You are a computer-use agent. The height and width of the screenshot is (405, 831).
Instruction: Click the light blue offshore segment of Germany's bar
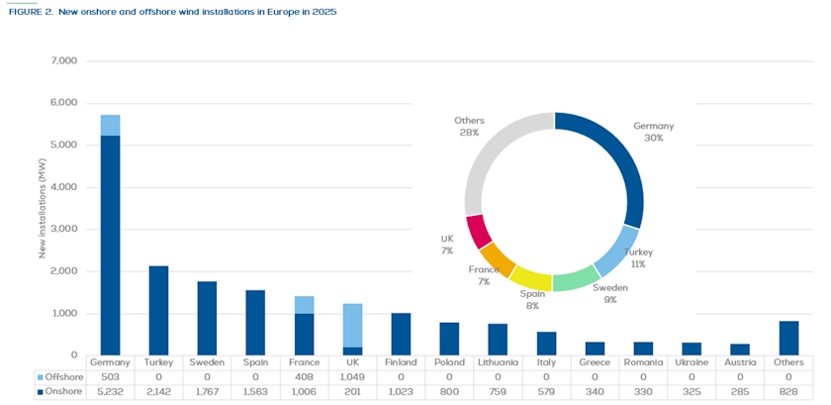pyautogui.click(x=110, y=125)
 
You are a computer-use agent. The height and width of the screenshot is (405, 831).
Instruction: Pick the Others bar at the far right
pyautogui.click(x=788, y=338)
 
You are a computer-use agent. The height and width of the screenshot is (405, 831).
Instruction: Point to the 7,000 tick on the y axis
pyautogui.click(x=62, y=61)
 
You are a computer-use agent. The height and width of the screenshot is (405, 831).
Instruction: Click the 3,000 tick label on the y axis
pyautogui.click(x=62, y=229)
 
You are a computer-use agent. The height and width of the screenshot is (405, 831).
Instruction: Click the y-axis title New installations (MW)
pyautogui.click(x=43, y=208)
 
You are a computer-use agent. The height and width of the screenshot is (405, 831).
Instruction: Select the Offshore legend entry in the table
pyautogui.click(x=62, y=376)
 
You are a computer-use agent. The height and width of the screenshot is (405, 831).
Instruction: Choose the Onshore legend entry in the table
pyautogui.click(x=62, y=391)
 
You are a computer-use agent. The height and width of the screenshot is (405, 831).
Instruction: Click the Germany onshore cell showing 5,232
pyautogui.click(x=110, y=391)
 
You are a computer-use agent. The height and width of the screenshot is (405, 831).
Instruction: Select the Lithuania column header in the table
pyautogui.click(x=498, y=362)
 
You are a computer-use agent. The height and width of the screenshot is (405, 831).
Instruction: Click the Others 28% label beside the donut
pyautogui.click(x=468, y=127)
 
